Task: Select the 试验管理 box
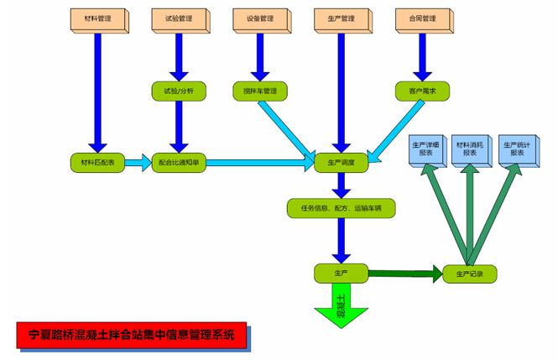tap(178, 19)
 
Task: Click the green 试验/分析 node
tap(178, 90)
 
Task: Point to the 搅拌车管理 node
tap(259, 90)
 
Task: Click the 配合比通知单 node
tap(180, 161)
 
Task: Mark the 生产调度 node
tap(342, 161)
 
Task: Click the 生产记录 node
tap(470, 273)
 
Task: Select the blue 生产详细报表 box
tap(425, 149)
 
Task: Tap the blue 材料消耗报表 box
tap(470, 149)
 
